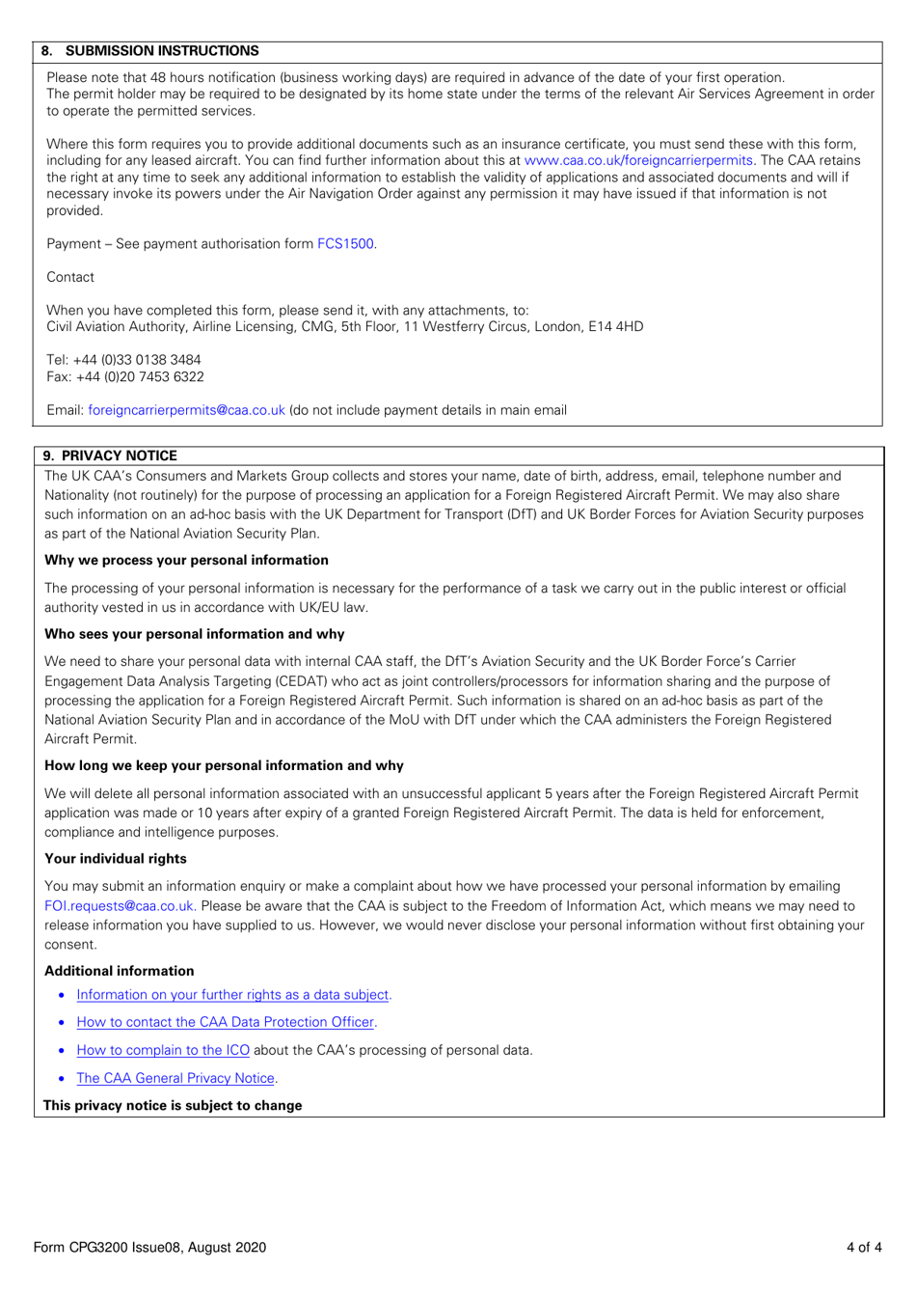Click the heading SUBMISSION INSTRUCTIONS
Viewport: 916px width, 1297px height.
pos(161,51)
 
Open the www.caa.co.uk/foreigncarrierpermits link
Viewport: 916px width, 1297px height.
pos(637,160)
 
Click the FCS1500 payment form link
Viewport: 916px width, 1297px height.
pos(345,244)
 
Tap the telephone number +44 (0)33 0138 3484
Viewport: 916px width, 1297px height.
pos(137,360)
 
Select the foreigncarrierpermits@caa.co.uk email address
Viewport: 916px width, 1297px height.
pos(186,410)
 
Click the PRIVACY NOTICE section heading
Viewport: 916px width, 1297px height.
pos(119,455)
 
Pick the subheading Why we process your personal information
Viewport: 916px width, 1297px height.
pos(186,560)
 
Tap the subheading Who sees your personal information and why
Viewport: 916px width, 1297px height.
pos(194,634)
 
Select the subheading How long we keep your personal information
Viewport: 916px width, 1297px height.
pos(224,765)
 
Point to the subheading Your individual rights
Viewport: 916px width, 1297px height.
pos(116,858)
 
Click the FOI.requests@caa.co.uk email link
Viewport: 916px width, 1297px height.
pos(120,906)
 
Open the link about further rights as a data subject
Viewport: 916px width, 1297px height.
pos(232,995)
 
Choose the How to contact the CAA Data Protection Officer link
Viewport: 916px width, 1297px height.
pos(225,1022)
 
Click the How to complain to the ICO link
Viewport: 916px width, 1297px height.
pos(163,1050)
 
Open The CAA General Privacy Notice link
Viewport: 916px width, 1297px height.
pos(175,1078)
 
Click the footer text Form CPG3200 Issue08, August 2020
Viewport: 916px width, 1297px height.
pos(149,1247)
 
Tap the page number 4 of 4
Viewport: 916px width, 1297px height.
pos(863,1247)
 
